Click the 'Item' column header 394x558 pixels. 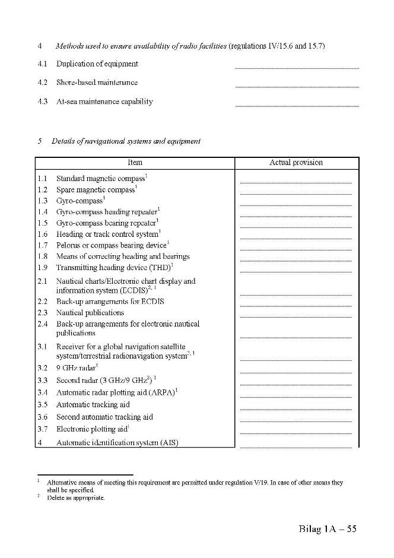pos(135,162)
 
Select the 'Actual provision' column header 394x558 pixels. pos(296,162)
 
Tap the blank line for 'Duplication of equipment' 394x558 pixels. pos(297,67)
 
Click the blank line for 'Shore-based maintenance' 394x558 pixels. pos(297,86)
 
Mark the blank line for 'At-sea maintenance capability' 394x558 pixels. pos(297,105)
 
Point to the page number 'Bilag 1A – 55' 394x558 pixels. pos(328,529)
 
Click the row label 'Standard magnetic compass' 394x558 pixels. pos(100,178)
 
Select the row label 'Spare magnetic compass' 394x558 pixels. pos(95,189)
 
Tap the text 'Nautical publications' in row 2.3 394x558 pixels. pos(90,312)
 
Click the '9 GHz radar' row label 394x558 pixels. pos(75,368)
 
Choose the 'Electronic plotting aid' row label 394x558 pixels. pos(91,429)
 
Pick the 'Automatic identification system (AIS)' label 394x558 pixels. pos(117,442)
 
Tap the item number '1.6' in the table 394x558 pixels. pos(42,234)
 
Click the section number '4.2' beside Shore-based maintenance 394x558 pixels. pos(42,83)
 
